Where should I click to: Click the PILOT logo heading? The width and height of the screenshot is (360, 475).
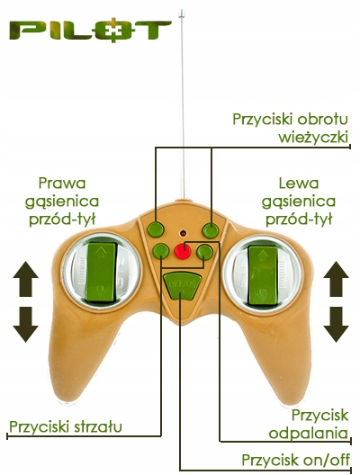click(x=90, y=31)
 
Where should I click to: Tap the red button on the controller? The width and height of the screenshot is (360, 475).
click(x=183, y=251)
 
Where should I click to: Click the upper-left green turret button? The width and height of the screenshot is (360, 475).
click(x=156, y=229)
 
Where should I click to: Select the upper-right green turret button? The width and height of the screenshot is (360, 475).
click(x=211, y=230)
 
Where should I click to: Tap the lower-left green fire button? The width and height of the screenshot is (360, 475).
click(x=160, y=251)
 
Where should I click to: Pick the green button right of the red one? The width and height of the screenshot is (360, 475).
click(x=204, y=252)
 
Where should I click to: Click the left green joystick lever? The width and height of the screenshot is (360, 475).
click(x=101, y=272)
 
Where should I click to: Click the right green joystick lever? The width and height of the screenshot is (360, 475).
click(x=263, y=275)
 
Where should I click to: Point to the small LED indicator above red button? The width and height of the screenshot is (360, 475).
click(x=183, y=233)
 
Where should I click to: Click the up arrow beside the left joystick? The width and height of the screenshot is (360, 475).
click(x=26, y=279)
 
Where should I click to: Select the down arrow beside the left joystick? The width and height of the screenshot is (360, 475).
click(x=26, y=325)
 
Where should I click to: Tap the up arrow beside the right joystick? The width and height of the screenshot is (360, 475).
click(x=336, y=279)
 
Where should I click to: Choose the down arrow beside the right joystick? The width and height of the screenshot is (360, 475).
click(x=336, y=325)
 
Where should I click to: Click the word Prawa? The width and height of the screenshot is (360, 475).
click(x=62, y=183)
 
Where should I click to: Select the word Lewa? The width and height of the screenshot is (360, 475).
click(x=299, y=183)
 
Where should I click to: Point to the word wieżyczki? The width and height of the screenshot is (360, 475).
click(x=313, y=138)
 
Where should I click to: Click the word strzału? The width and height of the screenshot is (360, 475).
click(x=98, y=426)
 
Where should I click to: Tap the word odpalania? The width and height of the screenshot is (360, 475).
click(x=308, y=434)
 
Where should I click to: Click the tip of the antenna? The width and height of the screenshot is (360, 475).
click(x=182, y=12)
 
